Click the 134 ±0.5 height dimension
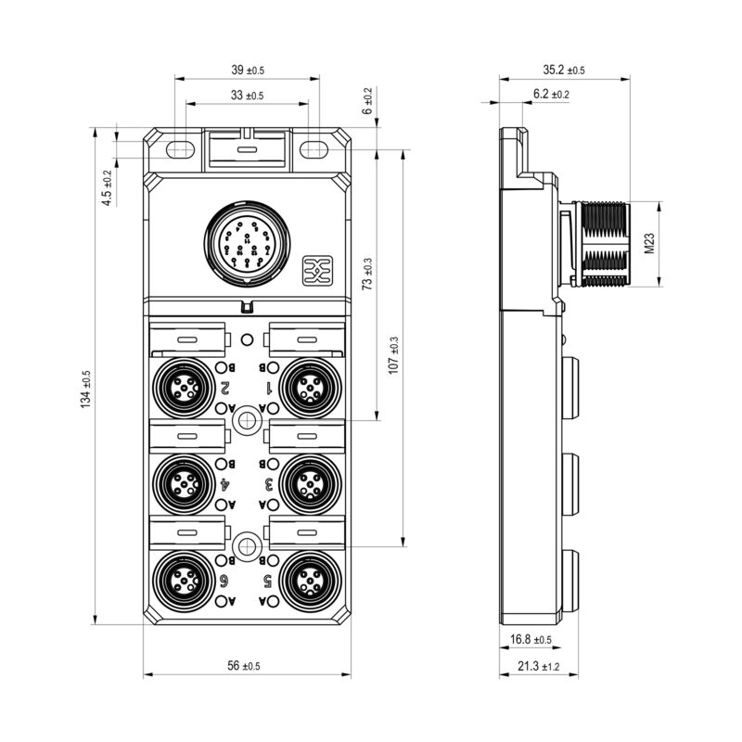click(x=86, y=389)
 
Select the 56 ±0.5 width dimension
click(x=244, y=666)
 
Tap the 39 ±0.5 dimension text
click(x=246, y=70)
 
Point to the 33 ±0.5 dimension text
click(x=246, y=96)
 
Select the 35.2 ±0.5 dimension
click(x=564, y=70)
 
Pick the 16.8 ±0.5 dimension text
click(x=531, y=640)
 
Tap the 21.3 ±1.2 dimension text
click(x=531, y=666)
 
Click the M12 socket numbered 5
click(x=306, y=580)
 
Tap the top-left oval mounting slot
click(x=179, y=147)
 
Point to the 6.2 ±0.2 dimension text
click(x=551, y=95)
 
